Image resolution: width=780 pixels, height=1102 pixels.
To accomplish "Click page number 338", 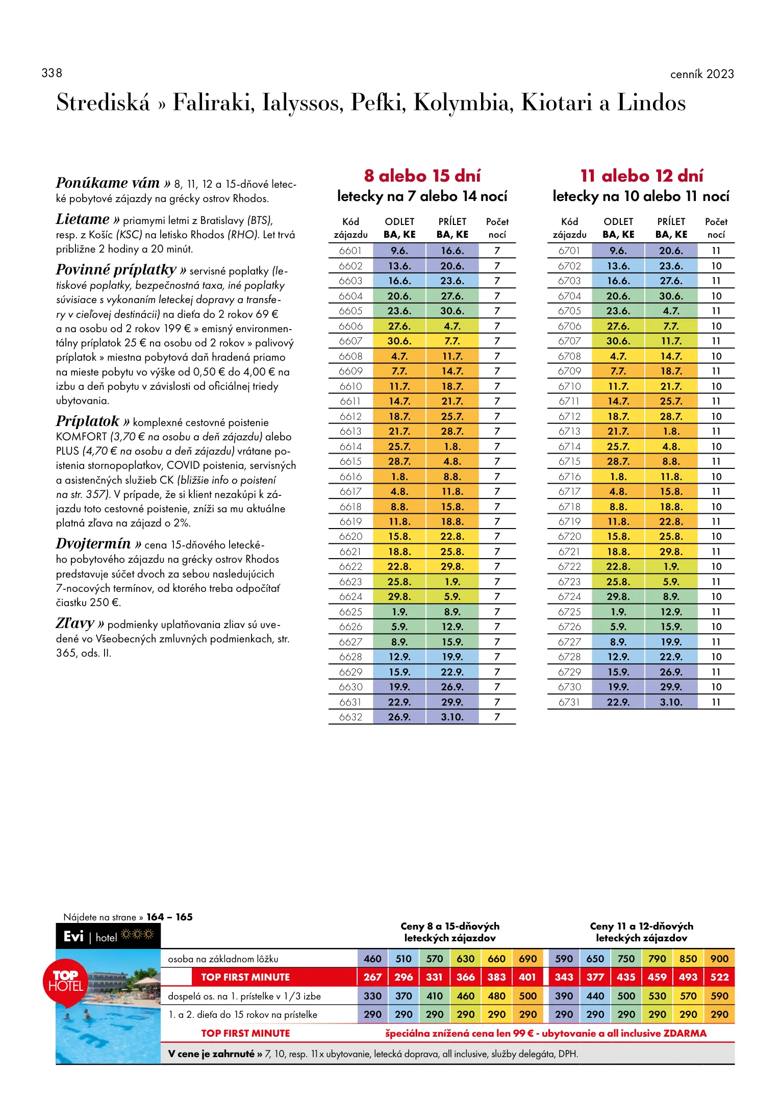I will [x=52, y=73].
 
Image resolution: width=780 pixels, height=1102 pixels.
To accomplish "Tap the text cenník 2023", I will [x=702, y=74].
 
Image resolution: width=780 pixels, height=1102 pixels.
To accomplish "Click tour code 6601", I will [x=350, y=251].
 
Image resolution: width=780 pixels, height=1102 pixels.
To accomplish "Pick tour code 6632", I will [x=350, y=717].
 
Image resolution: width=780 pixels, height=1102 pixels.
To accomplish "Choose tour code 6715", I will [x=569, y=461].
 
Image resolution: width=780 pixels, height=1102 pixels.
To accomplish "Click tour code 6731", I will [x=569, y=702].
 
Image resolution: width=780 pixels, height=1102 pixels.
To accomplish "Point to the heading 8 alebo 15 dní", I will [x=422, y=176].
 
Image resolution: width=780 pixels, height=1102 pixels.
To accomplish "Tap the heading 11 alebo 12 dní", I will [x=642, y=176].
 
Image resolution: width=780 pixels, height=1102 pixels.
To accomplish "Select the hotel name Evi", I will [x=73, y=936].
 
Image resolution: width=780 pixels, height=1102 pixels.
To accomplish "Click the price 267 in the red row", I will [x=372, y=977].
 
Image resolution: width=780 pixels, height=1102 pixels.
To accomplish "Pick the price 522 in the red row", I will [x=719, y=977].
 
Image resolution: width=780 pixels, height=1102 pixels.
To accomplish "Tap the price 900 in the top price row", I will [x=719, y=959].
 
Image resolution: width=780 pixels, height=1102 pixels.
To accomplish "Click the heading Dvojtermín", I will [x=93, y=543].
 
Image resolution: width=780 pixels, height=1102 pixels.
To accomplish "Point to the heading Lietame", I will [x=83, y=219].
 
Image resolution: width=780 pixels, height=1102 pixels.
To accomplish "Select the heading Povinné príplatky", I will [x=116, y=269].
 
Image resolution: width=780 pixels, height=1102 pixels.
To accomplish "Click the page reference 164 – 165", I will [x=169, y=917].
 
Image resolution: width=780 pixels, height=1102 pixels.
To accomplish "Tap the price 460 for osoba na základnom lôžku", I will [x=372, y=959].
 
